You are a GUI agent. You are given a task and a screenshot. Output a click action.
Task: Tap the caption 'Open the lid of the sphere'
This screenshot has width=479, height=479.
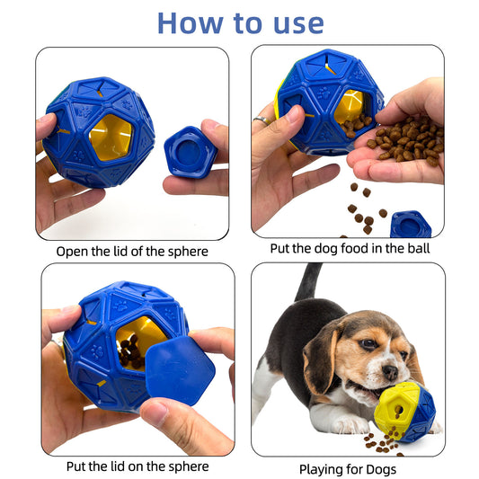tap(131, 251)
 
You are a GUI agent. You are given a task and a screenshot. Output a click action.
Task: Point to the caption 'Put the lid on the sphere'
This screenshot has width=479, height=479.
tap(137, 466)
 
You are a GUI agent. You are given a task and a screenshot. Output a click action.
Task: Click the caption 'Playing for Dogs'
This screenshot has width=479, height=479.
tap(348, 468)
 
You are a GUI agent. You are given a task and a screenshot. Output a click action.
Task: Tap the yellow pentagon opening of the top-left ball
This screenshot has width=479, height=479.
tap(111, 137)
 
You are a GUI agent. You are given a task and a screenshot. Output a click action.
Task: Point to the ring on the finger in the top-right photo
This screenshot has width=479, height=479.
tap(260, 120)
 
